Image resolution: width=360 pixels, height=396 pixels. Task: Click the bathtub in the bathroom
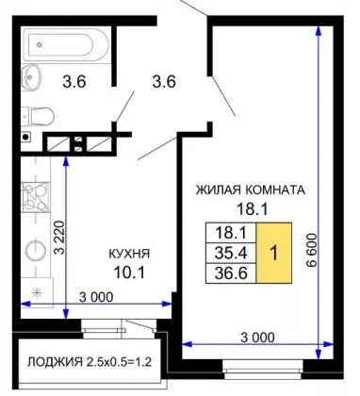click(67, 45)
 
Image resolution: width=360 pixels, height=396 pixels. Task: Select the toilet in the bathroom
click(38, 116)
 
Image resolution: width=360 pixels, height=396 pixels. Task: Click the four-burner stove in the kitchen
click(36, 197)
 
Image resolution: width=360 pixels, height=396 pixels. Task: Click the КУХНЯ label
click(129, 254)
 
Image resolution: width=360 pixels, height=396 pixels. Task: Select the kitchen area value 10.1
click(129, 272)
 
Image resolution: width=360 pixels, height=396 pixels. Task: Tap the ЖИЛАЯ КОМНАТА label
click(251, 190)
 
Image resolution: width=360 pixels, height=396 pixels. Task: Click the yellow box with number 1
click(274, 253)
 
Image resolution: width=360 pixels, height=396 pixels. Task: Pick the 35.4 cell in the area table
click(231, 253)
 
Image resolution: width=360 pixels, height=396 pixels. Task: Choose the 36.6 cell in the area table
click(231, 273)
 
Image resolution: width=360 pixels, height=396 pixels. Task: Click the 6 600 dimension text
click(311, 250)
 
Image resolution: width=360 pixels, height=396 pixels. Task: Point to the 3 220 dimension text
click(59, 238)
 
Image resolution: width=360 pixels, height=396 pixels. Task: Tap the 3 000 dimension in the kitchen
click(96, 297)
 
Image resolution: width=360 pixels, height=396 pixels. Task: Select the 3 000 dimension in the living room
click(257, 338)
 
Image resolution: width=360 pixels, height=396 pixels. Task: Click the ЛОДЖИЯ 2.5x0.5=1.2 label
click(90, 362)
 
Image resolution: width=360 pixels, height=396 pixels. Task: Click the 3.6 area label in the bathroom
click(74, 82)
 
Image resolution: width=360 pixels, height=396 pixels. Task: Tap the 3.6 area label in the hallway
click(164, 82)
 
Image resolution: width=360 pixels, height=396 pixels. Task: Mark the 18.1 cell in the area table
click(231, 233)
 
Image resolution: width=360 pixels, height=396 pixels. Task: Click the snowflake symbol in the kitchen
click(38, 293)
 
